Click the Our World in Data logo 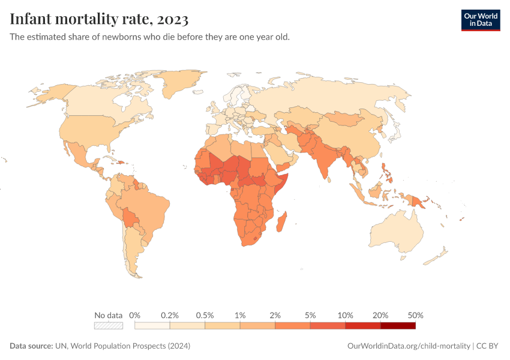[480, 20]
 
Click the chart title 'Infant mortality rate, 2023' [99, 19]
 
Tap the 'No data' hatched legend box [108, 326]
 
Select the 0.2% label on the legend [170, 315]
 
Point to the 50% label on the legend [415, 315]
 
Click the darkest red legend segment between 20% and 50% [398, 326]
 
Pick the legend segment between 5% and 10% [328, 326]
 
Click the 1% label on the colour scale [240, 315]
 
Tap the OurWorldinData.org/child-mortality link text [409, 346]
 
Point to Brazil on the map [150, 210]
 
